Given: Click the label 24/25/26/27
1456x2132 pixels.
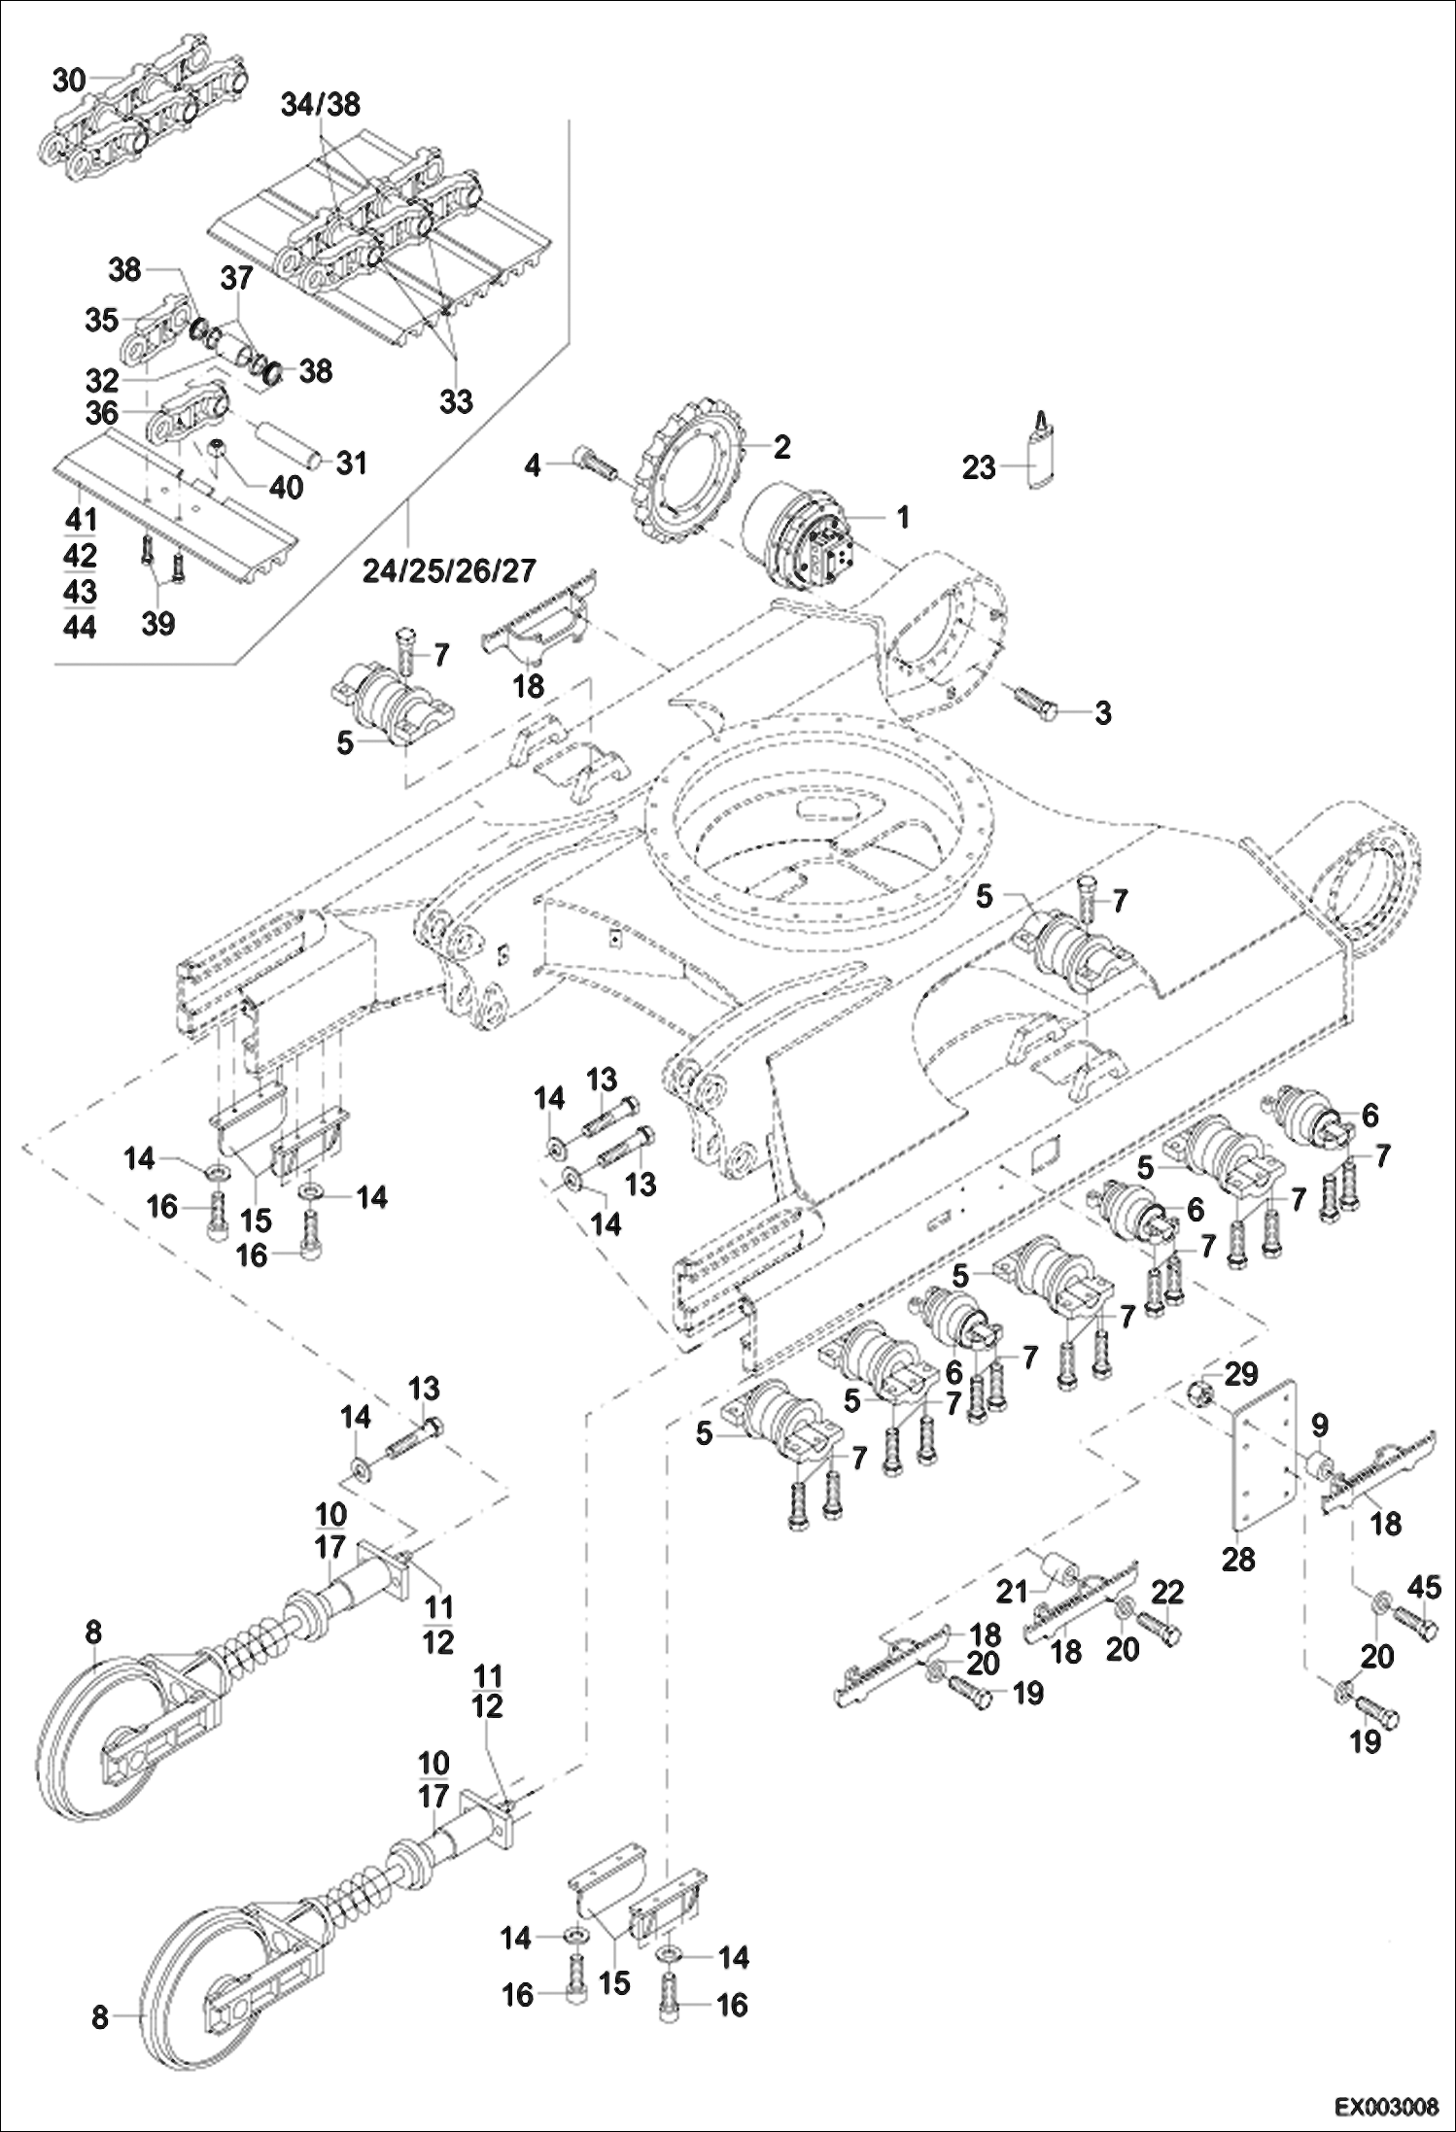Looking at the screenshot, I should (449, 569).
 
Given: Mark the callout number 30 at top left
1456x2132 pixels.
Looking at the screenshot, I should (69, 81).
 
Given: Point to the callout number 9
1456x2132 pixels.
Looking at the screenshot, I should (1319, 1426).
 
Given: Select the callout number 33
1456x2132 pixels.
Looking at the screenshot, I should (456, 400).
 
